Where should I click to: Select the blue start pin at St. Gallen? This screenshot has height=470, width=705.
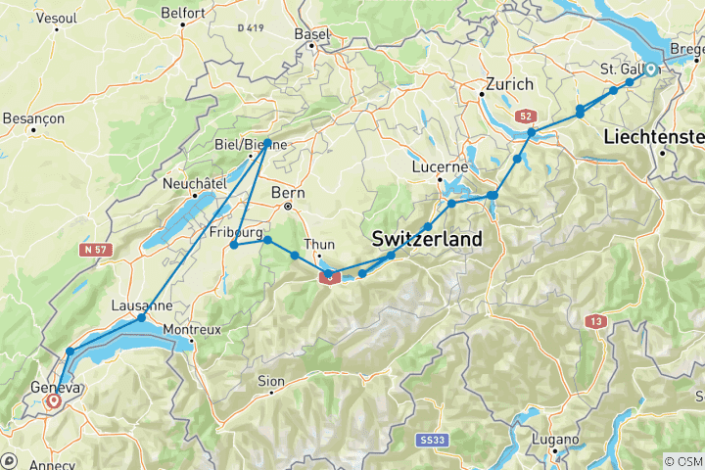[x=650, y=70]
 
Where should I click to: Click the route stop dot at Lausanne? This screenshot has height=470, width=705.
[x=141, y=318]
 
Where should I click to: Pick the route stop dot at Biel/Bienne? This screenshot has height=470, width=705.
[x=267, y=143]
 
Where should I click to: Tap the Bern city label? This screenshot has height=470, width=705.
[x=288, y=192]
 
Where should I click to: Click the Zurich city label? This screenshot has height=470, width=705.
[x=509, y=85]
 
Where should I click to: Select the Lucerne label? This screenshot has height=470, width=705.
[x=440, y=167]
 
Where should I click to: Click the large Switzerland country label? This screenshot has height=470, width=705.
[x=427, y=239]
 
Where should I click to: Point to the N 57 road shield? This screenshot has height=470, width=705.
[x=95, y=251]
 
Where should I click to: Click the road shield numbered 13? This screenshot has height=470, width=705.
[x=594, y=321]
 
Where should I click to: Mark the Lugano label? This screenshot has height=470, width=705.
[x=556, y=440]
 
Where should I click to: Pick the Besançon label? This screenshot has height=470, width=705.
[x=33, y=117]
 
